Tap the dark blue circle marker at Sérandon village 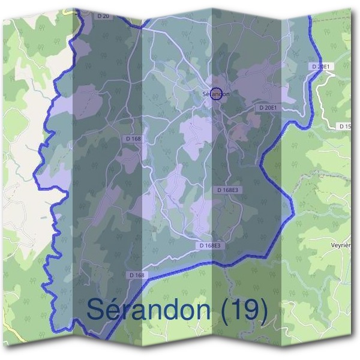tap(217, 94)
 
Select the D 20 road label tap(103, 16)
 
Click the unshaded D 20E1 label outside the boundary tap(322, 65)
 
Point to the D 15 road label tap(346, 126)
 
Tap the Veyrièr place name tap(341, 245)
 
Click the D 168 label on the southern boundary tap(137, 275)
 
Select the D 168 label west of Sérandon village tap(134, 139)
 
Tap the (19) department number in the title tap(244, 309)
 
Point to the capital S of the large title tap(96, 309)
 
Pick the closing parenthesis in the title tap(262, 310)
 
